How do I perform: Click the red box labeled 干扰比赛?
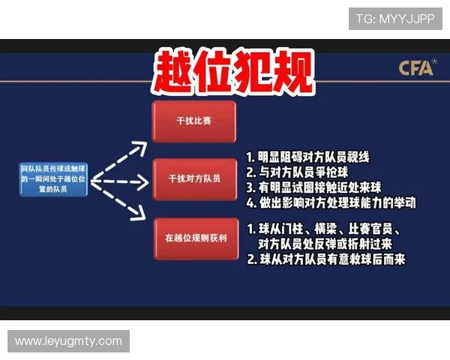coord(193,120)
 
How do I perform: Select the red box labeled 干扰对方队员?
coord(193,179)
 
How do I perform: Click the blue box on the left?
coord(54,180)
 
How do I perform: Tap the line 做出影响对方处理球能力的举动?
coord(331,202)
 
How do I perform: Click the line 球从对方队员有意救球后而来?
coord(325,259)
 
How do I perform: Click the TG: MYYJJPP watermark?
coord(395,18)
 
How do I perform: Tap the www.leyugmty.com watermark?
coord(68,341)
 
